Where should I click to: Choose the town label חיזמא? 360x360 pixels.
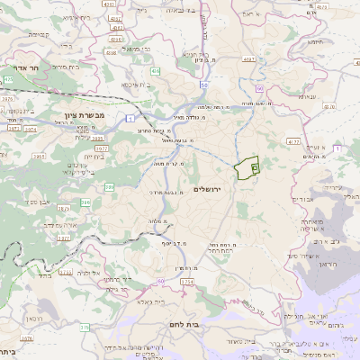click(315, 40)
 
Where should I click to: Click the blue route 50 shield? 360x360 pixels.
click(205, 85)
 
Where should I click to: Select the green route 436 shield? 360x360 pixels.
click(155, 70)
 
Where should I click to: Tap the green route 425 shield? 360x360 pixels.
click(7, 105)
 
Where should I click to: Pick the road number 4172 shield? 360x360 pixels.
click(293, 141)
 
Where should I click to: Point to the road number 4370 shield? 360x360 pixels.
click(328, 106)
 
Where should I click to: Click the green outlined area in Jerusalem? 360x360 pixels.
click(247, 169)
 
